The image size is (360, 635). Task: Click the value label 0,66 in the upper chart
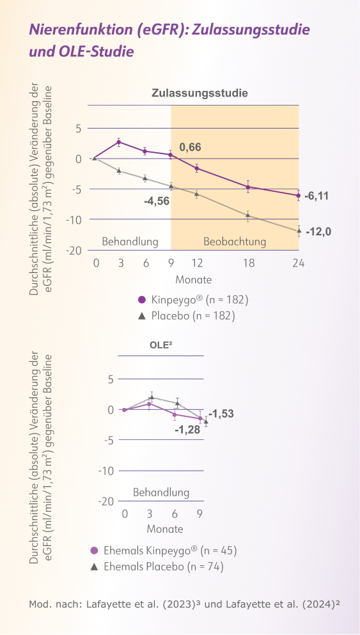click(190, 148)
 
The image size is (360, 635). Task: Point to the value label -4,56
click(157, 201)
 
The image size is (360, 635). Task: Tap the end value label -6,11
click(316, 196)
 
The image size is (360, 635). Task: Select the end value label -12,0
click(318, 231)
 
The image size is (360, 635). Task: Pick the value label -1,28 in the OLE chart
click(187, 430)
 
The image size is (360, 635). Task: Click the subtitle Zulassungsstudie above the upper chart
click(200, 93)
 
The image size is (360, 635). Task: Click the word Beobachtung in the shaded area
click(234, 242)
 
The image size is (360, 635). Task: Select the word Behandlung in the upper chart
click(130, 242)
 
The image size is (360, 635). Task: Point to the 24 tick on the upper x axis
click(298, 263)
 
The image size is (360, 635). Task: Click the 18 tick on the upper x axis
click(248, 263)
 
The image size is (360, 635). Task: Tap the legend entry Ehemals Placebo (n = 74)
click(163, 566)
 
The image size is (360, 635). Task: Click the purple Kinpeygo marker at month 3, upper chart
click(119, 142)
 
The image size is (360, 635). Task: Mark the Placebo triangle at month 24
click(299, 230)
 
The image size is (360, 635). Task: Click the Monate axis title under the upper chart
click(194, 279)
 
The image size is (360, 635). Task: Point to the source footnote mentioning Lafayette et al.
click(184, 604)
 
